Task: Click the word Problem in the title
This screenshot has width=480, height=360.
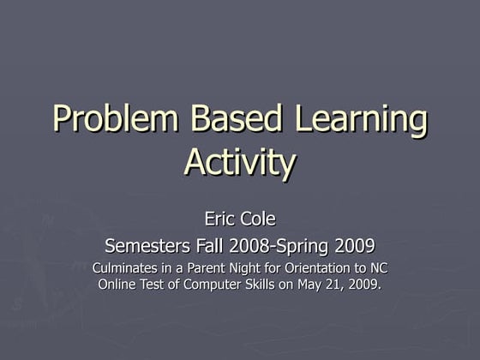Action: pyautogui.click(x=117, y=120)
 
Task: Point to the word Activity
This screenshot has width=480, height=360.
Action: pyautogui.click(x=240, y=163)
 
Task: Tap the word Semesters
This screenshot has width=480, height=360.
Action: pyautogui.click(x=147, y=247)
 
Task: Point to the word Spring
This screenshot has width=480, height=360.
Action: pyautogui.click(x=308, y=248)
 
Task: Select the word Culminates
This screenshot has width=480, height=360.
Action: pyautogui.click(x=127, y=268)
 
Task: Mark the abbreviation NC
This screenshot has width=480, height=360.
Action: pyautogui.click(x=378, y=268)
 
